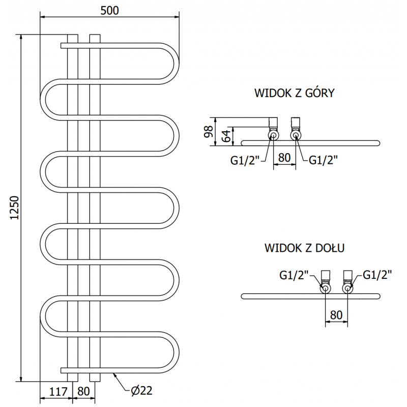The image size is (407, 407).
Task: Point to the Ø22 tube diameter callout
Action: click(141, 391)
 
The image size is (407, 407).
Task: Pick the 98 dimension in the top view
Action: click(208, 131)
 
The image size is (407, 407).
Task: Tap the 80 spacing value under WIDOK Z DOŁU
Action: click(336, 314)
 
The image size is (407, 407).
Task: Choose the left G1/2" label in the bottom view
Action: click(295, 275)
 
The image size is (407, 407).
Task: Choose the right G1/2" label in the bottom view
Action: click(377, 275)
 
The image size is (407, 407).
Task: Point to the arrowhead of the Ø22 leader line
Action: click(115, 373)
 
